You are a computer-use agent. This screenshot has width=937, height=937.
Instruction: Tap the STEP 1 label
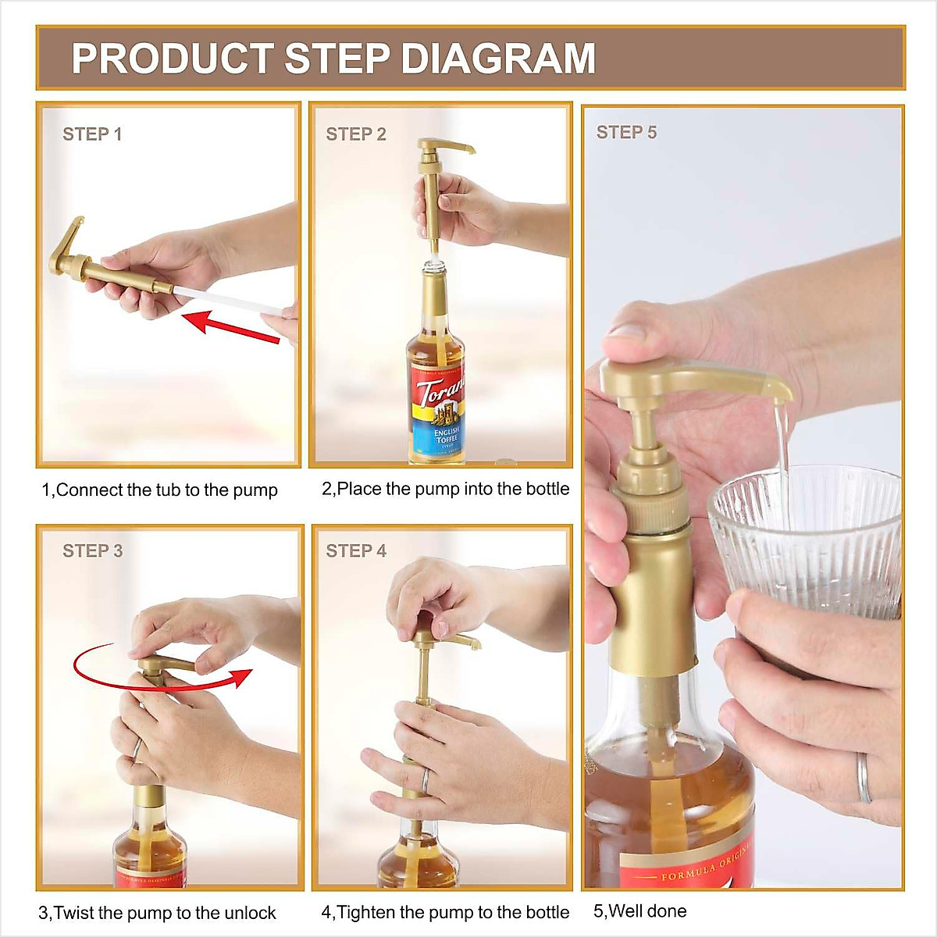pyautogui.click(x=92, y=134)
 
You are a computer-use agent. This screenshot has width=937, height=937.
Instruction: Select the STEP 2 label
pyautogui.click(x=356, y=134)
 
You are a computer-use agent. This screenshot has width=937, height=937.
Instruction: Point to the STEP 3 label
pyautogui.click(x=92, y=551)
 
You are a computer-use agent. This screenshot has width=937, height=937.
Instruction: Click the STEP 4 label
pyautogui.click(x=356, y=551)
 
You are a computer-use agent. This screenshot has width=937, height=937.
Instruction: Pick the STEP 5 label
pyautogui.click(x=626, y=133)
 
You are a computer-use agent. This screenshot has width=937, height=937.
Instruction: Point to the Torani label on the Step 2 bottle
pyautogui.click(x=437, y=406)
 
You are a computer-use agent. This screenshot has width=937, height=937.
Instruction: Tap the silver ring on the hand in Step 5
pyautogui.click(x=863, y=778)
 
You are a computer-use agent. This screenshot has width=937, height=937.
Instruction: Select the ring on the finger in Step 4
pyautogui.click(x=426, y=779)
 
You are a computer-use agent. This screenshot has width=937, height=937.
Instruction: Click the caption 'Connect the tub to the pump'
pyautogui.click(x=159, y=490)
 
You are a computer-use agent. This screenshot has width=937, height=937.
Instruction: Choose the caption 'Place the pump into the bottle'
pyautogui.click(x=445, y=489)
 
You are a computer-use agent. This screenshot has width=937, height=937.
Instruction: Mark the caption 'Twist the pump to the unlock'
pyautogui.click(x=157, y=913)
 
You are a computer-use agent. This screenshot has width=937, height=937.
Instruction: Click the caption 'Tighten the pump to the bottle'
pyautogui.click(x=445, y=912)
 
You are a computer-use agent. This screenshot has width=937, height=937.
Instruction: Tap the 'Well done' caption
pyautogui.click(x=640, y=910)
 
